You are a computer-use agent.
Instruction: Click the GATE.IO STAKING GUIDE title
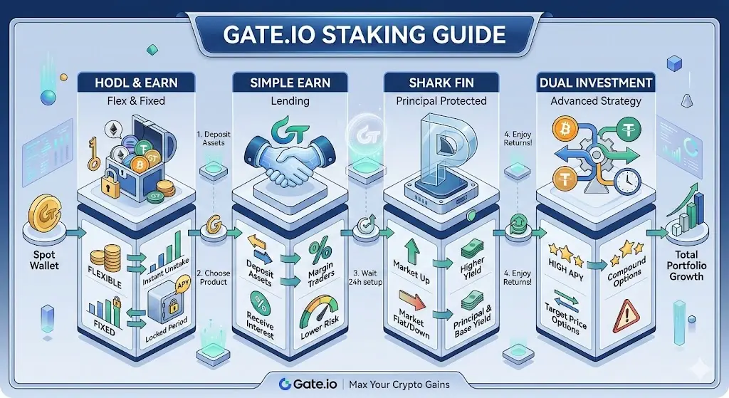coord(364,34)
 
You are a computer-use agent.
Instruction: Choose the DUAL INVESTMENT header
coord(596,83)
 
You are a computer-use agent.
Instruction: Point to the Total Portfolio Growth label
coord(686,266)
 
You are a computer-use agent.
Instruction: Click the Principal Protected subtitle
coord(441,101)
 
